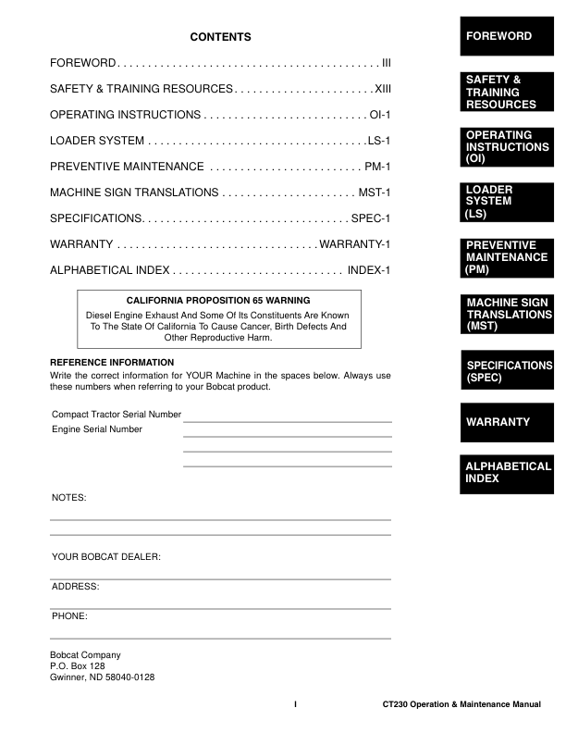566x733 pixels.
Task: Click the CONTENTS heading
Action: click(x=220, y=37)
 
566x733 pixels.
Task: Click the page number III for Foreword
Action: click(x=386, y=63)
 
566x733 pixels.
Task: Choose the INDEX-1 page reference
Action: click(x=370, y=270)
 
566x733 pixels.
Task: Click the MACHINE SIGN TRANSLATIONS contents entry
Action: click(x=134, y=193)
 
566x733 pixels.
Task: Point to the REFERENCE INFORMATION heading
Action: click(x=111, y=362)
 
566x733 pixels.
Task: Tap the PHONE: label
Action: click(x=69, y=615)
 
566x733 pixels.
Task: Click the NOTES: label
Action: click(x=68, y=498)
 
